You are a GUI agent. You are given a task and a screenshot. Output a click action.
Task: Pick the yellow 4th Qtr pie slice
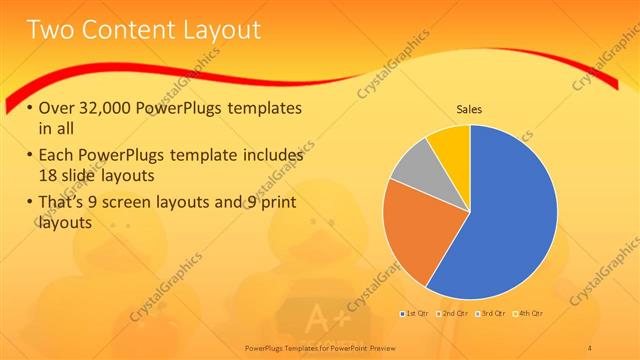pyautogui.click(x=450, y=146)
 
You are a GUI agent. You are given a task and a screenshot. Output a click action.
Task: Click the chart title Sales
pyautogui.click(x=469, y=109)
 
